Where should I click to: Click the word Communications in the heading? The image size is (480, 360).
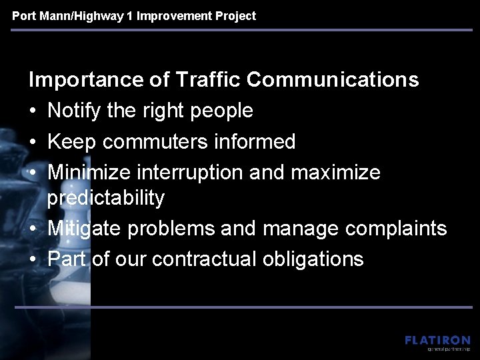click(x=333, y=80)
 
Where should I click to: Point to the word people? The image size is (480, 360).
click(x=221, y=111)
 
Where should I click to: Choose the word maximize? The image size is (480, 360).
click(x=339, y=172)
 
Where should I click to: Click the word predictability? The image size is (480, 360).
click(x=106, y=198)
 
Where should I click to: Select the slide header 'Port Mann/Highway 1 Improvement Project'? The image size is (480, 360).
click(x=134, y=15)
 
